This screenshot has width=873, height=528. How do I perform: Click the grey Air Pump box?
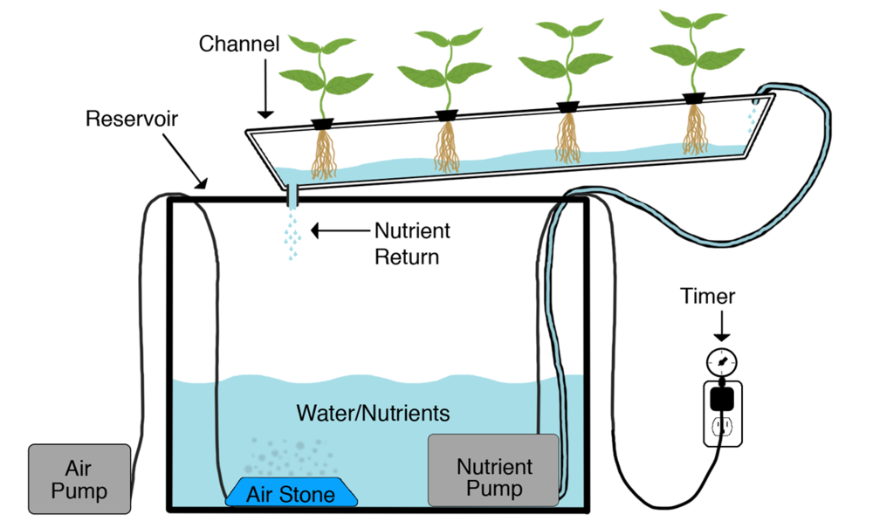click(x=79, y=478)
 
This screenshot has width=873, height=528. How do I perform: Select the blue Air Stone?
click(x=292, y=493)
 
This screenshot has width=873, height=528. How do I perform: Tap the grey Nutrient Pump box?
click(x=493, y=470)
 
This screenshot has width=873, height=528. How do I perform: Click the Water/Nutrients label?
click(x=373, y=412)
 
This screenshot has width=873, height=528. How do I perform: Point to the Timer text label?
click(x=707, y=297)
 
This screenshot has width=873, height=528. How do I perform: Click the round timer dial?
click(x=722, y=360)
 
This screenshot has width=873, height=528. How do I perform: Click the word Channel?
click(x=238, y=44)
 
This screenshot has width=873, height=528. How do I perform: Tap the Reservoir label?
click(x=132, y=119)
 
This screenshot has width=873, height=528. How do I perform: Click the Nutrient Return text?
click(x=412, y=244)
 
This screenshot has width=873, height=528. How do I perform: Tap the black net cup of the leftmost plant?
click(x=325, y=123)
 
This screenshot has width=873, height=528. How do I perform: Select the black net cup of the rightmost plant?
click(x=695, y=98)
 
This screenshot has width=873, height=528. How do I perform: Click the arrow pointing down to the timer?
click(x=722, y=327)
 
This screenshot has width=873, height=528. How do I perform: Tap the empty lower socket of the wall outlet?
click(x=722, y=427)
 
